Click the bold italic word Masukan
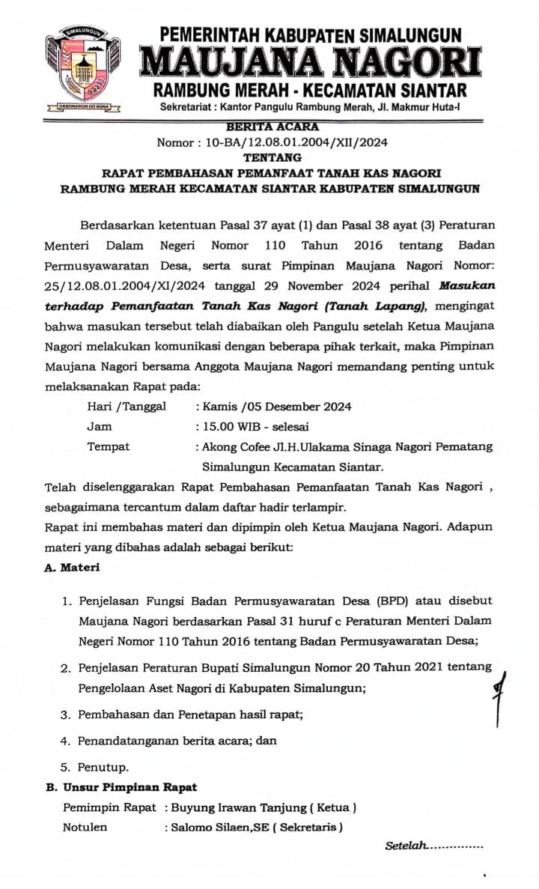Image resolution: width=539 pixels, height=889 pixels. tap(466, 285)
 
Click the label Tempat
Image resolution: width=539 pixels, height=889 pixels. tap(109, 446)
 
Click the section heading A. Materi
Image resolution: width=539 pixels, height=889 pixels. tap(73, 567)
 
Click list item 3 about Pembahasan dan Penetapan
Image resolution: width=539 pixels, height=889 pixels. tap(190, 714)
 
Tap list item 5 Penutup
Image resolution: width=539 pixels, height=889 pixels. tap(104, 766)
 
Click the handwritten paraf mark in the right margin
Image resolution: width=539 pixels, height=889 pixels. tap(496, 694)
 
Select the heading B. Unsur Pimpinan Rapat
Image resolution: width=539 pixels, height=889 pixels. tap(122, 787)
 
